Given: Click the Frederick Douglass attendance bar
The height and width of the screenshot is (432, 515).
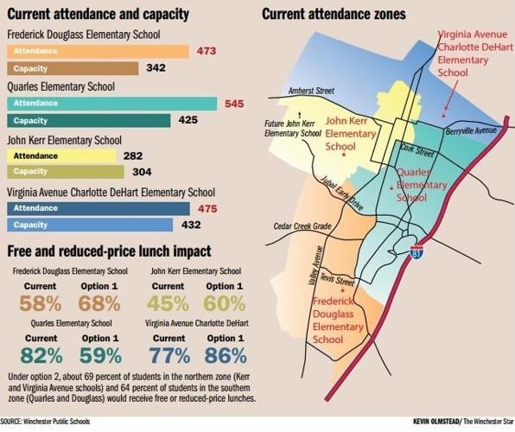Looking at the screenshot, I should pos(97,52).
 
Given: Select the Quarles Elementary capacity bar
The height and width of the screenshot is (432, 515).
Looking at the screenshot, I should pos(88,120).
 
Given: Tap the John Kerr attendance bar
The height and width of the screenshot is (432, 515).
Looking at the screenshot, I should pos(60,156).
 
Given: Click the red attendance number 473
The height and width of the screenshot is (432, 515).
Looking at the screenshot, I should pos(206,52).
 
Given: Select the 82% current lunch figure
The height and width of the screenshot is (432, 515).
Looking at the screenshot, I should pos(41,355).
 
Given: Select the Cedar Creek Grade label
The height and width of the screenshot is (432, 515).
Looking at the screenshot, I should pos(302,226).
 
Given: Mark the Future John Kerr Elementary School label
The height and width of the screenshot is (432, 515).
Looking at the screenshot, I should pos(292,129).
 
